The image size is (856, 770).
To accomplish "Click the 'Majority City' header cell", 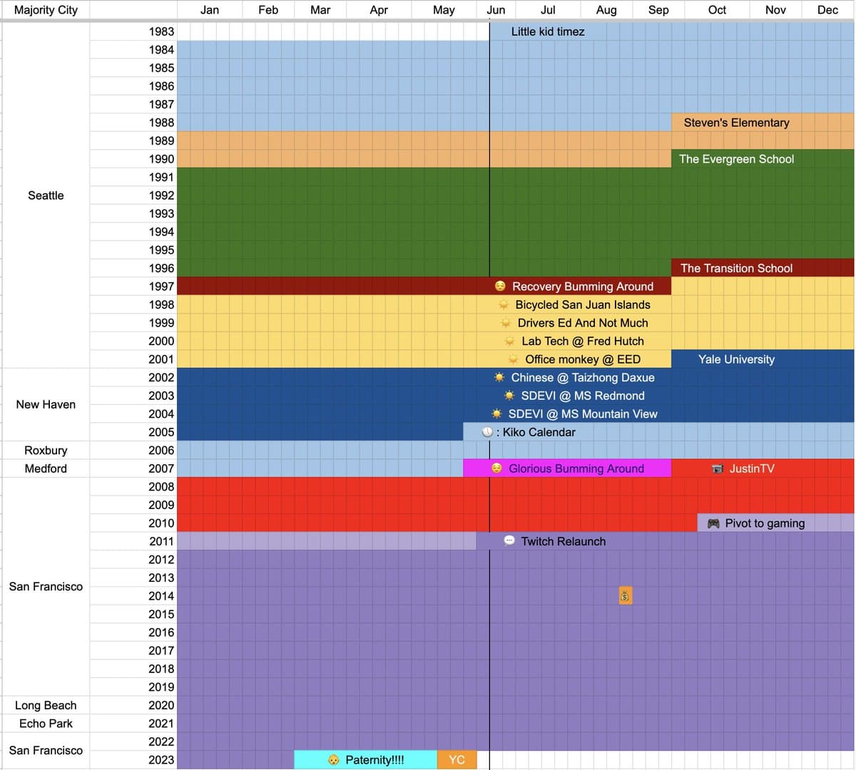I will (x=46, y=10).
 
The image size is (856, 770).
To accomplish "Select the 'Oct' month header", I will (x=717, y=10).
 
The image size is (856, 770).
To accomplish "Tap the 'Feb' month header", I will (x=268, y=10).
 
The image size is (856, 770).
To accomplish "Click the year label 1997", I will (x=161, y=287).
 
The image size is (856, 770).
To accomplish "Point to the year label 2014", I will (x=161, y=596).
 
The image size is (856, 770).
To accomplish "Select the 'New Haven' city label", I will (x=46, y=404).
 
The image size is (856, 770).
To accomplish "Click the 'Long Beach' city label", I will (x=46, y=705).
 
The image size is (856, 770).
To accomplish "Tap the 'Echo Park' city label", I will (x=46, y=724).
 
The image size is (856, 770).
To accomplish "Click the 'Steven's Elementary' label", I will (x=736, y=123).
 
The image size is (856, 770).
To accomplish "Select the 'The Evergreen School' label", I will (x=736, y=159).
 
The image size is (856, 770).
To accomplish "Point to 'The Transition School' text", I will (x=736, y=268).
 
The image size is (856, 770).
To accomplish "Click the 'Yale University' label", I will (x=736, y=359).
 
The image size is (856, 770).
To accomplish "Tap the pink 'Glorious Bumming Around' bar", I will (x=568, y=468).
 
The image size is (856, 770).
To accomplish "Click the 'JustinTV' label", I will (x=750, y=468).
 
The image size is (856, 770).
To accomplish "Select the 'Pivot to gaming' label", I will (x=764, y=523).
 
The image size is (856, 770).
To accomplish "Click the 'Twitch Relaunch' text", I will (x=563, y=541).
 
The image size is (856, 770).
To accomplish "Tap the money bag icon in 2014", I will (x=625, y=596).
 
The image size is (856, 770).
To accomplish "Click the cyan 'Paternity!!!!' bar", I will (x=366, y=760).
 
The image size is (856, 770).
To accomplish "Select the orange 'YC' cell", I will (x=457, y=760).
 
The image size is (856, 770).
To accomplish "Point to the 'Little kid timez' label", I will (x=548, y=31).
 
